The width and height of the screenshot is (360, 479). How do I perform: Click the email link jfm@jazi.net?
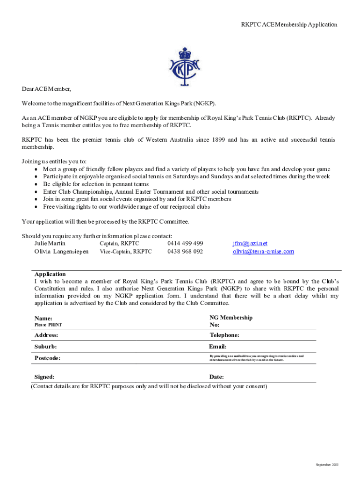click(x=250, y=243)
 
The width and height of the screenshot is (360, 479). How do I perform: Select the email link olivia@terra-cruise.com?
click(x=263, y=251)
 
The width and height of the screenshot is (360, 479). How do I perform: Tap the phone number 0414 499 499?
click(x=185, y=243)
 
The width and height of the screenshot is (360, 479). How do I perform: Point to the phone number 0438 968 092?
click(x=185, y=251)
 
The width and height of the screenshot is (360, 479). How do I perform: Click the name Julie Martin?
click(x=50, y=243)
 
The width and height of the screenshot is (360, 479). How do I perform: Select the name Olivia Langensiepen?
click(x=61, y=251)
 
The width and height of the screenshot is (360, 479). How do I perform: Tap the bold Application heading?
click(x=50, y=274)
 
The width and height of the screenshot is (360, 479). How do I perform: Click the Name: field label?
click(x=43, y=319)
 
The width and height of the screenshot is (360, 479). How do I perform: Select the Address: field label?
click(x=46, y=335)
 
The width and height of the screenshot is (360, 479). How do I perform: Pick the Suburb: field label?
click(x=45, y=347)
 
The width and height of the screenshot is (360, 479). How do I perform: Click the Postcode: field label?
click(x=48, y=358)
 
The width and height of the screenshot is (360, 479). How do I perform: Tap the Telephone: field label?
click(x=224, y=335)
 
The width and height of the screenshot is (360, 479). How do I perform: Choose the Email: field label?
click(x=218, y=347)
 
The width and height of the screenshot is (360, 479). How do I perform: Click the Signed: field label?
click(x=44, y=377)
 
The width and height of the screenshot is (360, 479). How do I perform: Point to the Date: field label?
click(x=217, y=377)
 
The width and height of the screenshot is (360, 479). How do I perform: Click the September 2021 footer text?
click(x=327, y=464)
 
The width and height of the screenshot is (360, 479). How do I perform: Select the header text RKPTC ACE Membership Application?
click(x=289, y=24)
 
